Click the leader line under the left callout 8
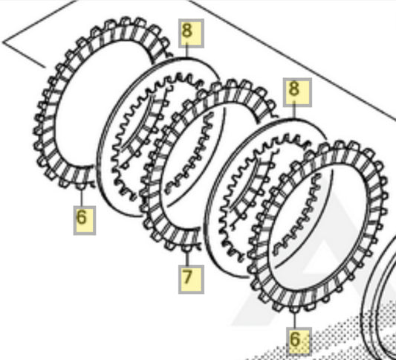click(x=186, y=51)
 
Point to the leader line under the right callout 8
click(x=294, y=110)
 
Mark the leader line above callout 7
click(x=187, y=258)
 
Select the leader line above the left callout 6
click(x=81, y=198)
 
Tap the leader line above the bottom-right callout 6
click(x=294, y=321)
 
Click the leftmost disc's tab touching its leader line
click(x=81, y=186)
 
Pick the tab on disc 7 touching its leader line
click(x=187, y=248)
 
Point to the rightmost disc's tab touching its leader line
click(x=294, y=309)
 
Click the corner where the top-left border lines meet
click(x=2, y=42)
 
